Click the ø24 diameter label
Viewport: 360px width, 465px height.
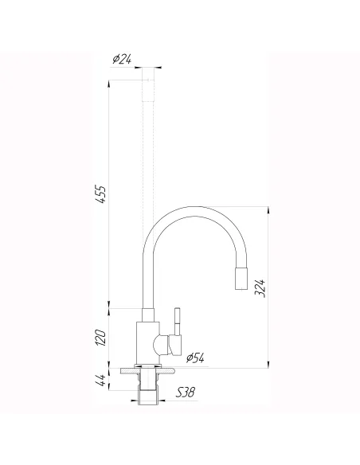pos(122,60)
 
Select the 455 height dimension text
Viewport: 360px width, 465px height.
pos(102,194)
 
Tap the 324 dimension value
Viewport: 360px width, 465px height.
pos(260,288)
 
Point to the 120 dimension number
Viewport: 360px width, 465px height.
pos(101,338)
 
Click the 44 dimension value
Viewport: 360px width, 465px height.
pos(101,380)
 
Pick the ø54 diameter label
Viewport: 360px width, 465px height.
pos(195,358)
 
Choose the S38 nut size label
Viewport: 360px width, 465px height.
pos(186,393)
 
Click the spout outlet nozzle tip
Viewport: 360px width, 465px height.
pos(241,278)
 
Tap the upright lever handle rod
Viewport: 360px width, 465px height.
pos(178,322)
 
